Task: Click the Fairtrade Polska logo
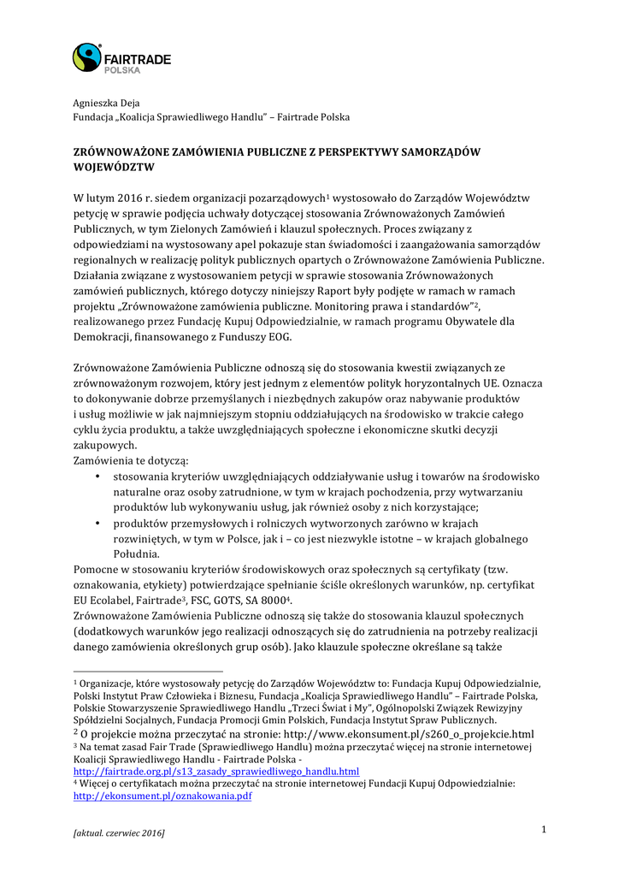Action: pyautogui.click(x=121, y=58)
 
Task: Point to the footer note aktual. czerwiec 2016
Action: pyautogui.click(x=119, y=832)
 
